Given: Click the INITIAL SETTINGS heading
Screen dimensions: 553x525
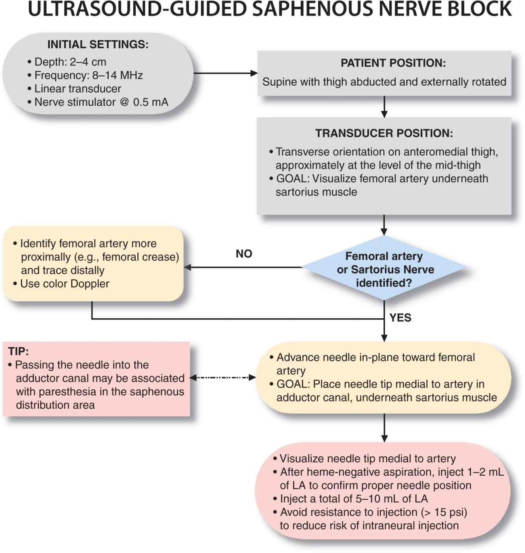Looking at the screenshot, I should click(x=98, y=44).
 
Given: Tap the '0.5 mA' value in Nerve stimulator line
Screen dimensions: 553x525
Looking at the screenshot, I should click(x=150, y=102).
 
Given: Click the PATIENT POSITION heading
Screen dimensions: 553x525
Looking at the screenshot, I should click(x=393, y=63).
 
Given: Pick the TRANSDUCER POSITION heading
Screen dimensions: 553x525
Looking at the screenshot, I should click(x=384, y=133).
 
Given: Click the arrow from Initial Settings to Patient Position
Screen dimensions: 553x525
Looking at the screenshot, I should click(x=225, y=73).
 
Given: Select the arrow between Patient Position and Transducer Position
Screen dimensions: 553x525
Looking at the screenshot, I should click(x=384, y=106).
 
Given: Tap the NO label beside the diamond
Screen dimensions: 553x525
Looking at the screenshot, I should click(x=244, y=254).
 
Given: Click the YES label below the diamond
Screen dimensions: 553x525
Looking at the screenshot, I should click(x=400, y=318).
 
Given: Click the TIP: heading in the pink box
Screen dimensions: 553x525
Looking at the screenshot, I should click(x=18, y=351).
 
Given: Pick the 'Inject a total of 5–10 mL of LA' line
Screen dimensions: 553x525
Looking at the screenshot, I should click(x=353, y=499).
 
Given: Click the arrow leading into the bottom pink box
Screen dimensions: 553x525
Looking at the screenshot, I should click(x=384, y=428).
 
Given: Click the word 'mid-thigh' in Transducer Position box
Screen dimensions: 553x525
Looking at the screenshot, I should click(x=457, y=165).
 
